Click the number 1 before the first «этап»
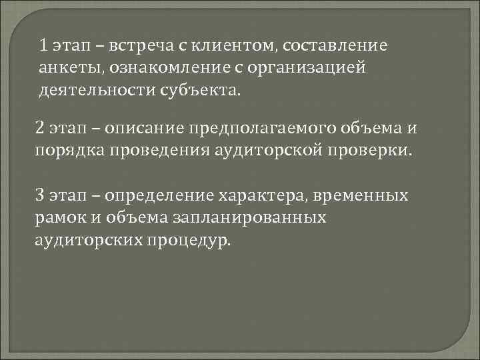[43, 46]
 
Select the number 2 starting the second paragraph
[40, 127]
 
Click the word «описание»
[151, 127]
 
